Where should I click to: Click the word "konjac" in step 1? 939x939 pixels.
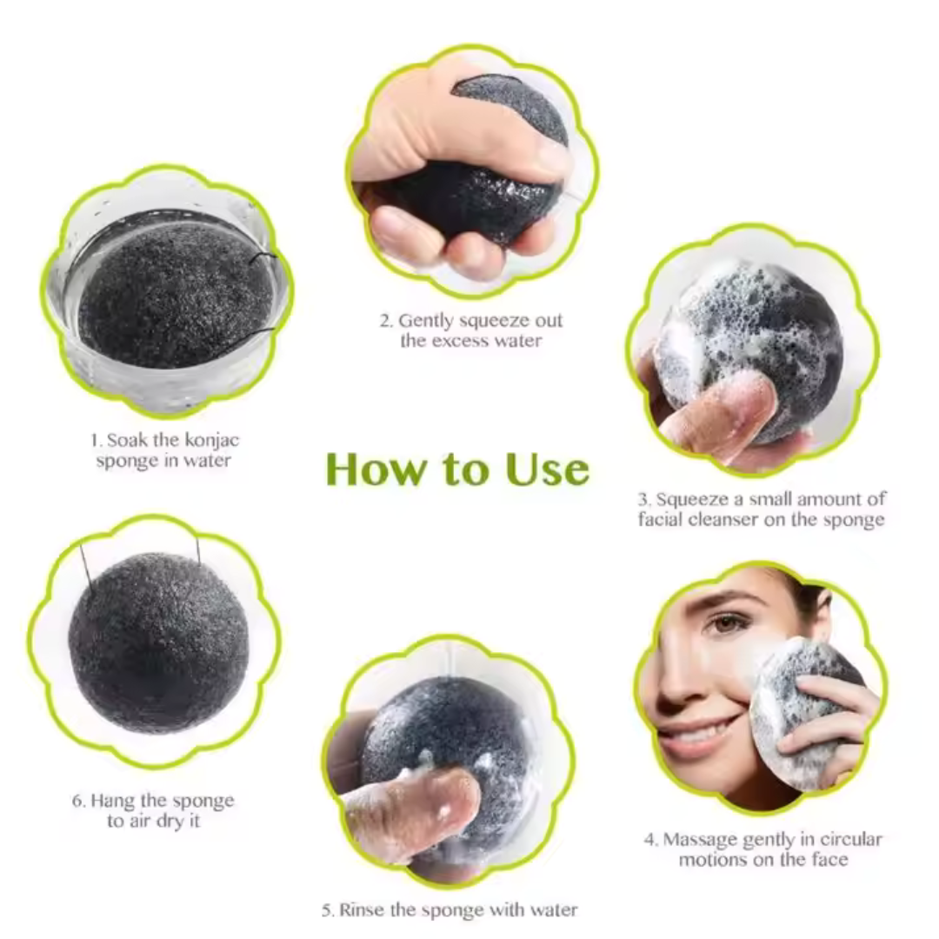tap(212, 442)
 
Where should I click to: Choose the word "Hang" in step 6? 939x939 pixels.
tap(110, 802)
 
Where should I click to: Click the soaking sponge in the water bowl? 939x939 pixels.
tap(175, 295)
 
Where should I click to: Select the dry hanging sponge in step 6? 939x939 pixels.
tap(159, 643)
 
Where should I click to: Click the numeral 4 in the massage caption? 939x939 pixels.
tap(649, 840)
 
